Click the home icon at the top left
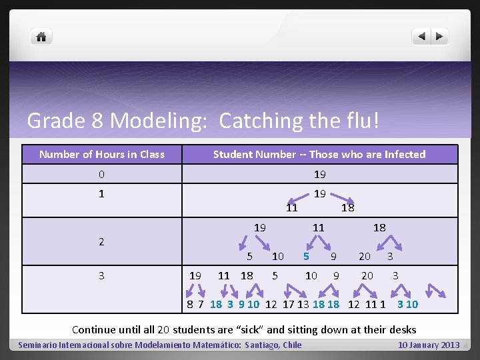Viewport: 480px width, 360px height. pyautogui.click(x=41, y=37)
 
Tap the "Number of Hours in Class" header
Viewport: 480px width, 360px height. pyautogui.click(x=101, y=155)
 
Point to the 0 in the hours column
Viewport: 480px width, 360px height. pyautogui.click(x=101, y=175)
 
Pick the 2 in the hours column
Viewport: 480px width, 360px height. pyautogui.click(x=101, y=241)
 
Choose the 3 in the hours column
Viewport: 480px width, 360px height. pyautogui.click(x=101, y=275)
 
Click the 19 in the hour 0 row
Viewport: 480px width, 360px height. pyautogui.click(x=319, y=175)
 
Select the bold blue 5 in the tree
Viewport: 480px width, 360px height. pyautogui.click(x=306, y=256)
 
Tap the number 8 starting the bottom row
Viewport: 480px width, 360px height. pyautogui.click(x=190, y=305)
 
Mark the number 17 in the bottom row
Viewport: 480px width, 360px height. pyautogui.click(x=288, y=305)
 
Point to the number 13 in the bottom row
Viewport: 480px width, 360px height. pyautogui.click(x=303, y=305)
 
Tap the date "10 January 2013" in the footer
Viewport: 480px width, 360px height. pyautogui.click(x=429, y=345)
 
